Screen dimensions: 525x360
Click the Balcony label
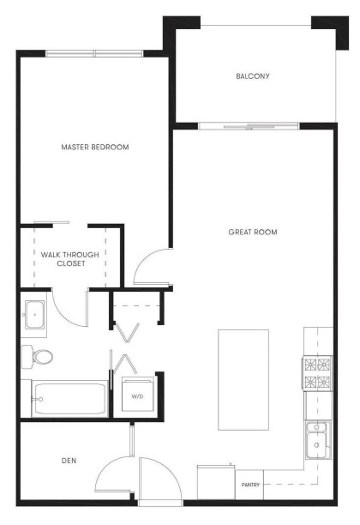[253, 76]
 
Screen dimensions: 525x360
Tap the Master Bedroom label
[95, 148]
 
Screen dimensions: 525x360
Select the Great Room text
[253, 232]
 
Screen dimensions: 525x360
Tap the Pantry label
[250, 486]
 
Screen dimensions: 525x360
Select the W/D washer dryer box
[137, 396]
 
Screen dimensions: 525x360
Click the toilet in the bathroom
[39, 355]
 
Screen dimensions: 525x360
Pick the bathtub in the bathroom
[69, 399]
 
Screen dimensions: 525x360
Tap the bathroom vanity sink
[35, 315]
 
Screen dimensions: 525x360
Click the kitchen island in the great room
[243, 378]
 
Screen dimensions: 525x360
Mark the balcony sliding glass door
[249, 127]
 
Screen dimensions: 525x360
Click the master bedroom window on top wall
[94, 54]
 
